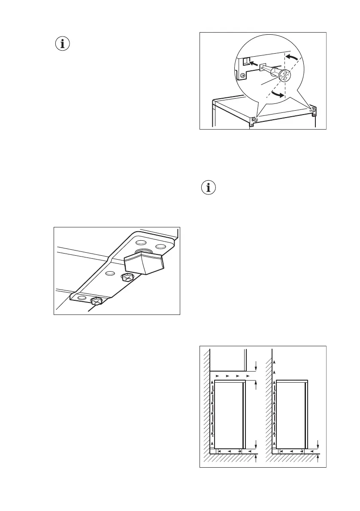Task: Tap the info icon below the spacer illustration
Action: pyautogui.click(x=209, y=188)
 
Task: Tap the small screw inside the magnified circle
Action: pyautogui.click(x=243, y=76)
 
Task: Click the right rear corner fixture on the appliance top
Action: pyautogui.click(x=313, y=110)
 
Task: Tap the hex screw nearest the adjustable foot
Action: pyautogui.click(x=127, y=278)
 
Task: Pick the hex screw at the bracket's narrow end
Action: pyautogui.click(x=97, y=302)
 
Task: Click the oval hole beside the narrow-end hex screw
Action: pyautogui.click(x=82, y=298)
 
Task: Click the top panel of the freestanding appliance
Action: pyautogui.click(x=292, y=381)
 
